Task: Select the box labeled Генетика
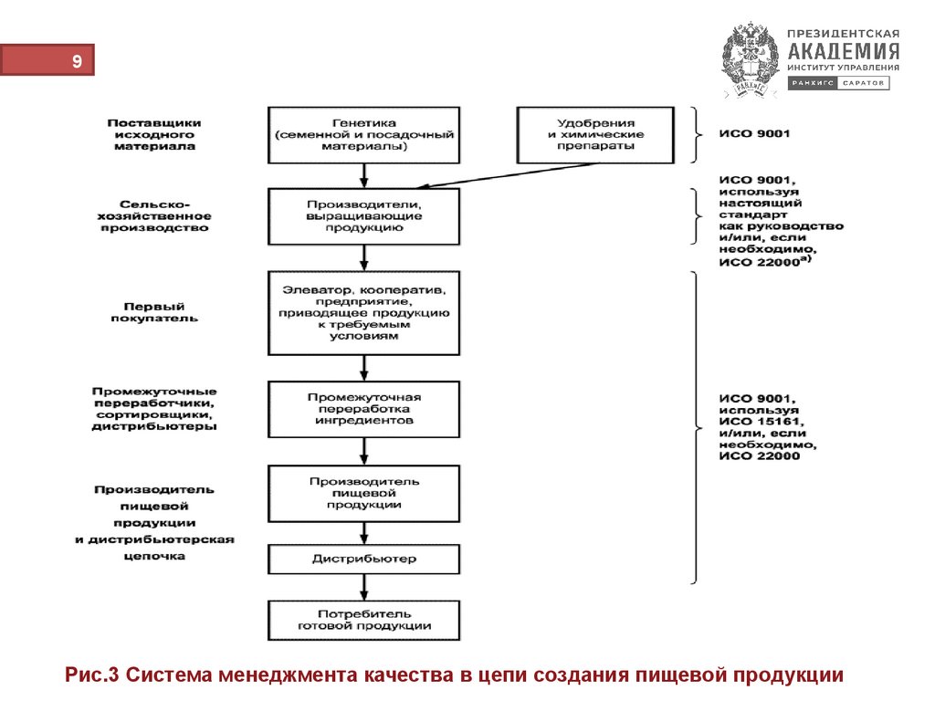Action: click(x=364, y=134)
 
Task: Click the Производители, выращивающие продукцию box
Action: click(x=364, y=216)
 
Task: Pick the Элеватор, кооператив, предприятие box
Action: click(x=364, y=313)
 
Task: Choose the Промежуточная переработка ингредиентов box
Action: click(x=364, y=409)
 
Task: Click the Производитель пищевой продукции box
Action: click(x=364, y=493)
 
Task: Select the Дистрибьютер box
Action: click(x=364, y=559)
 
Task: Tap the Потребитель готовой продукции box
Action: click(x=364, y=620)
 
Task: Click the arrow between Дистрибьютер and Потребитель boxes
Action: click(x=364, y=586)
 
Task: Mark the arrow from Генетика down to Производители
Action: click(x=364, y=174)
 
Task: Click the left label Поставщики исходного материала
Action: click(x=153, y=134)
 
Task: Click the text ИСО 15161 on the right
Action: click(x=760, y=422)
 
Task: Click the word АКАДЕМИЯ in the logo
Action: click(x=843, y=50)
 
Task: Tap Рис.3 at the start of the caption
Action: click(x=93, y=675)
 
